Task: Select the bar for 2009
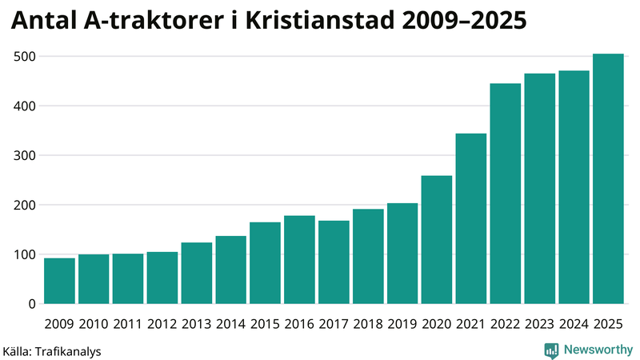pyautogui.click(x=60, y=281)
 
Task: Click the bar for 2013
pyautogui.click(x=197, y=273)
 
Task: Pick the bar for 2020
pyautogui.click(x=437, y=239)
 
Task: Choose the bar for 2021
pyautogui.click(x=471, y=218)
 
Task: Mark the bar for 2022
pyautogui.click(x=506, y=194)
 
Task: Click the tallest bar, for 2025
pyautogui.click(x=608, y=178)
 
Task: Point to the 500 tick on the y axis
pyautogui.click(x=26, y=57)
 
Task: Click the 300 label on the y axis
pyautogui.click(x=26, y=156)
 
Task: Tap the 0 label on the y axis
pyautogui.click(x=33, y=304)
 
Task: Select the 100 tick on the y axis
pyautogui.click(x=26, y=254)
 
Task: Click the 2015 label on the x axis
pyautogui.click(x=265, y=324)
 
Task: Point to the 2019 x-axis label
pyautogui.click(x=402, y=324)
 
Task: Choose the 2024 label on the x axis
pyautogui.click(x=574, y=324)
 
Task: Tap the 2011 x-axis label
pyautogui.click(x=128, y=324)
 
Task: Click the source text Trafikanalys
pyautogui.click(x=68, y=350)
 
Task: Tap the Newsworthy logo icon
pyautogui.click(x=552, y=350)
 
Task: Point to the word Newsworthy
pyautogui.click(x=598, y=350)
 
